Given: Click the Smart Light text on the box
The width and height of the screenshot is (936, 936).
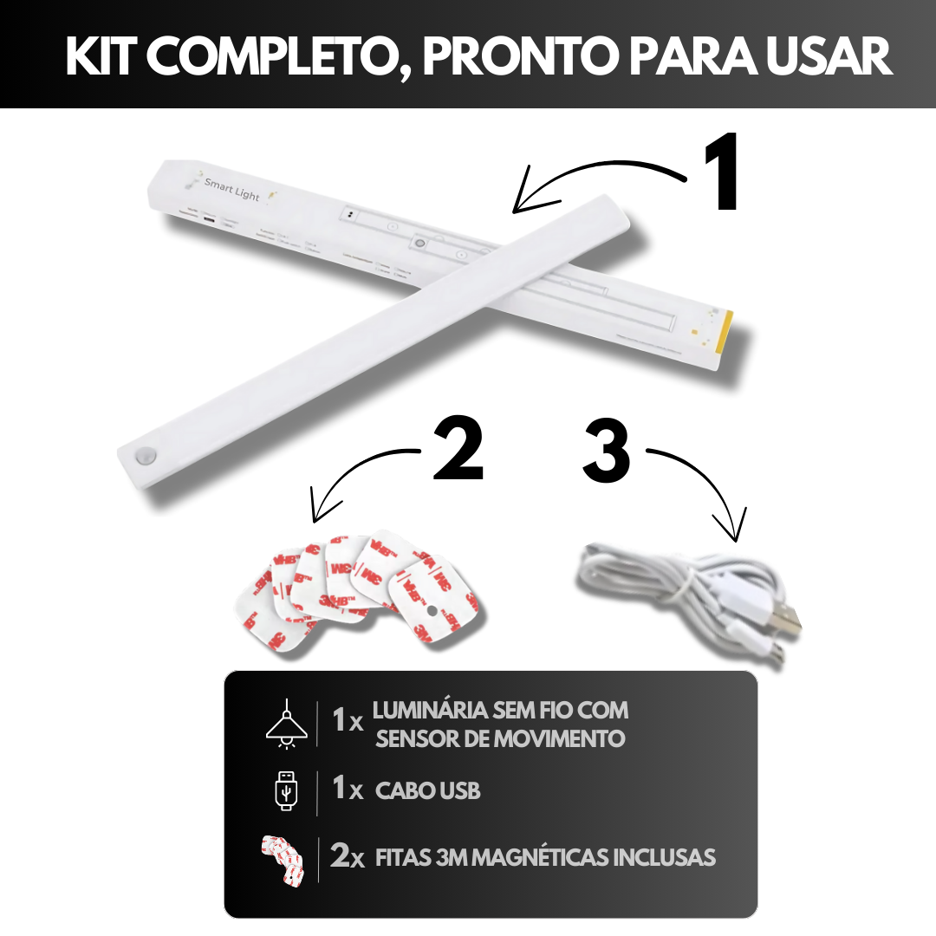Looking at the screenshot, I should coord(231,189).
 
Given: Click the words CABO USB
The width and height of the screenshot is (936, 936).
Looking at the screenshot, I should coord(428,791).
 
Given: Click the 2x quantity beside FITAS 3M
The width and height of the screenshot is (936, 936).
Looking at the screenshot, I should coord(348,857).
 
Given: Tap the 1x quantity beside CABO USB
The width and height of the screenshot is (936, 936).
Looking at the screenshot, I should coord(348,790).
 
